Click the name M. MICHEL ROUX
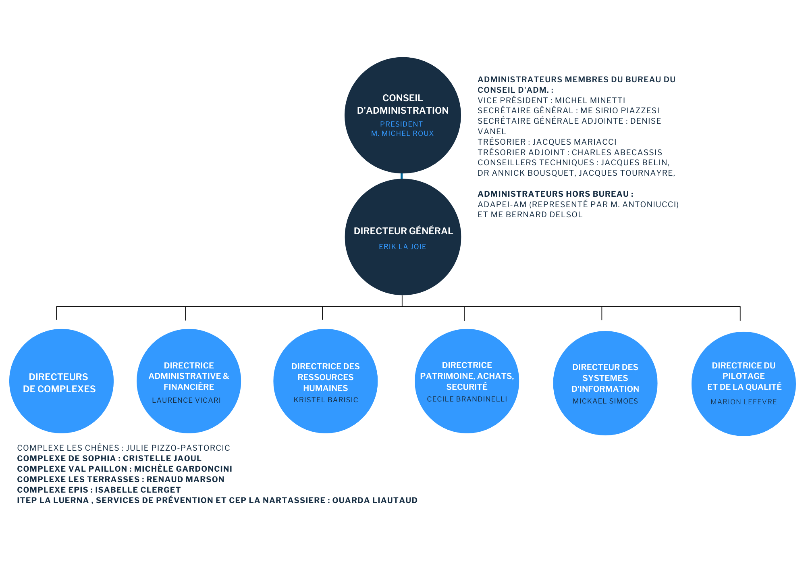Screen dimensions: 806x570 [402, 133]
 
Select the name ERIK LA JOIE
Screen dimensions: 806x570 [402, 247]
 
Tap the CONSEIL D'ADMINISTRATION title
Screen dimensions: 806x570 [403, 104]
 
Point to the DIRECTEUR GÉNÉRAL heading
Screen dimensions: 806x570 [403, 231]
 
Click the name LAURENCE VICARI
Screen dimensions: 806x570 [187, 400]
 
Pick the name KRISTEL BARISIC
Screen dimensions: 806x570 [326, 400]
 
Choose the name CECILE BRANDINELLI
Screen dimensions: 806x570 [467, 399]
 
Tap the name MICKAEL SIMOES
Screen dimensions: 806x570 [605, 401]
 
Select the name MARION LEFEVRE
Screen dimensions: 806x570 [744, 402]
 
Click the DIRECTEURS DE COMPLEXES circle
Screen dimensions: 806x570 [61, 381]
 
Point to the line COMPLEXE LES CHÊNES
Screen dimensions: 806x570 [123, 448]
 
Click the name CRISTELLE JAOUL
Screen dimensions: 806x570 [162, 458]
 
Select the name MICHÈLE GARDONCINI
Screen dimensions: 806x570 [183, 469]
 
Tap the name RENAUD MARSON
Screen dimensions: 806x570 [185, 479]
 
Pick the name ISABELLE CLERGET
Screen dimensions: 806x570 [138, 490]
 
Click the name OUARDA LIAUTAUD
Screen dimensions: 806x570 [375, 500]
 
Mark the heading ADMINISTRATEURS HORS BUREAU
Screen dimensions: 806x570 [555, 194]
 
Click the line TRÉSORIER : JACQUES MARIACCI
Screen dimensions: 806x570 [547, 142]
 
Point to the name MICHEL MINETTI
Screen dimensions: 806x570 [590, 100]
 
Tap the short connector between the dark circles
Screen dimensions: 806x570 [402, 176]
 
